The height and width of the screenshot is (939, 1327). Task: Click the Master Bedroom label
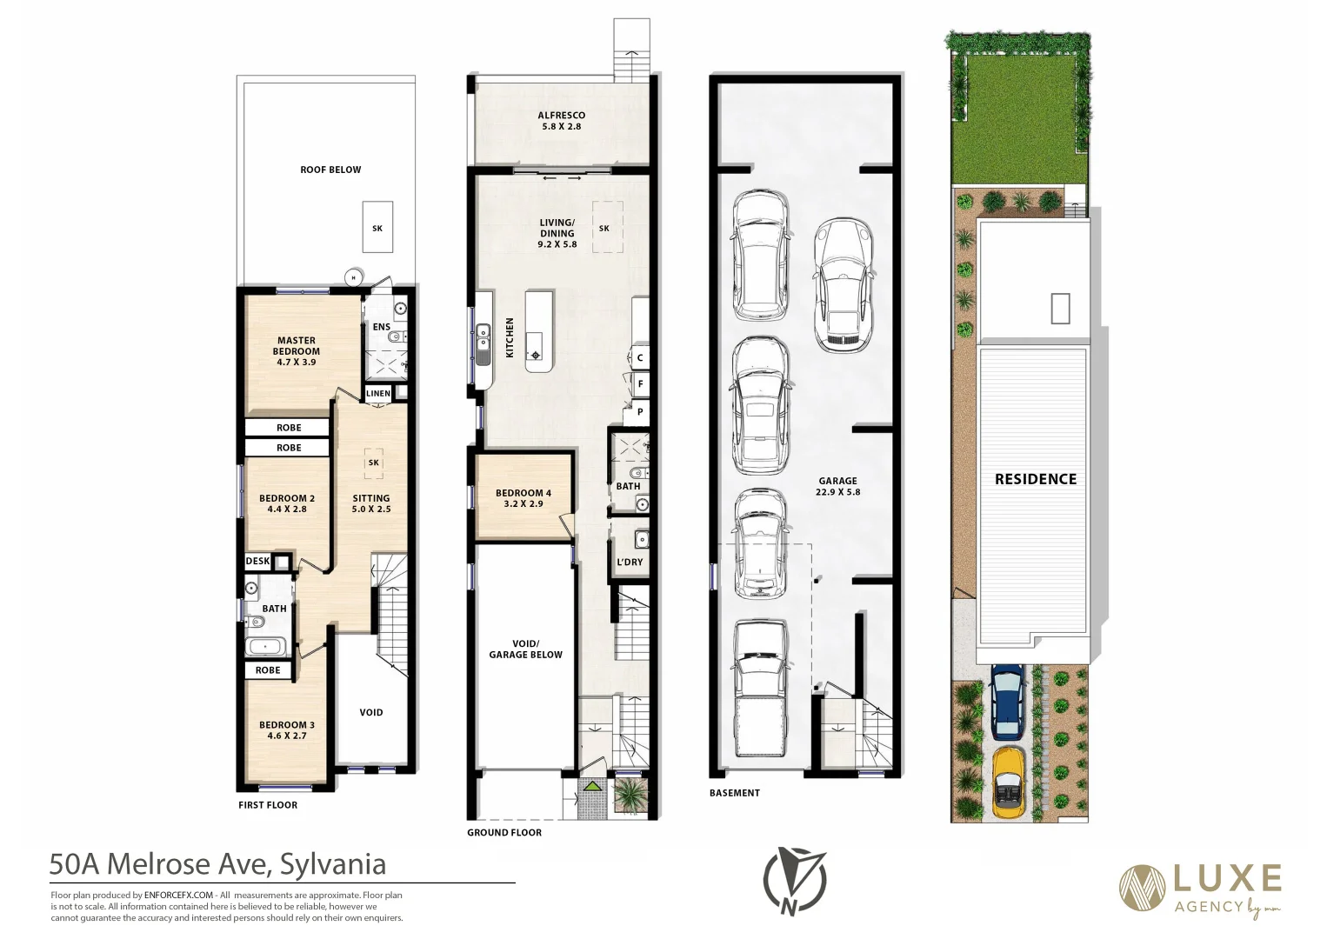click(x=297, y=351)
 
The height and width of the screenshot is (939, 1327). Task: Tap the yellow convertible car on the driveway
click(x=1008, y=782)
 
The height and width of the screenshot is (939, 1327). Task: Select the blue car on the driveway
click(x=1008, y=701)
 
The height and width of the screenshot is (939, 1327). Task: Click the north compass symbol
click(x=793, y=881)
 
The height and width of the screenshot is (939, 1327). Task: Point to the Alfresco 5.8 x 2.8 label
click(x=562, y=121)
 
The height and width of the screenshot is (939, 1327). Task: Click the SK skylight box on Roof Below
click(x=377, y=228)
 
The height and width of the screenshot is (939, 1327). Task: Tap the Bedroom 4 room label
click(x=523, y=498)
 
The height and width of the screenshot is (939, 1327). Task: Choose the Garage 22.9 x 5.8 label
click(x=837, y=486)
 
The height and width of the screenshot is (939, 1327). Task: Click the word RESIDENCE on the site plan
click(x=1036, y=479)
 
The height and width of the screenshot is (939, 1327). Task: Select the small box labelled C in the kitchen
click(x=640, y=357)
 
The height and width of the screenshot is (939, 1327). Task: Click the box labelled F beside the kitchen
click(x=640, y=383)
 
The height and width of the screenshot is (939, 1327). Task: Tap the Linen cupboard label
click(x=378, y=394)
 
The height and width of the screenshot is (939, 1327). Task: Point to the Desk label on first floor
click(x=257, y=562)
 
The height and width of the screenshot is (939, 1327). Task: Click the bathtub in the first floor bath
click(x=265, y=646)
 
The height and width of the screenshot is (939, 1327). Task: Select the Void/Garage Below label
click(x=525, y=649)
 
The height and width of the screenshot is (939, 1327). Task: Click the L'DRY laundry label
click(x=630, y=563)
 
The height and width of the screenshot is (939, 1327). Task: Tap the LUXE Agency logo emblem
click(x=1142, y=889)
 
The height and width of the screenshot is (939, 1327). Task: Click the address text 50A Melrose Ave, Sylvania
click(x=217, y=864)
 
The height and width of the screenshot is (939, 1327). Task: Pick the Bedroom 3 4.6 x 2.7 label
click(x=287, y=730)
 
